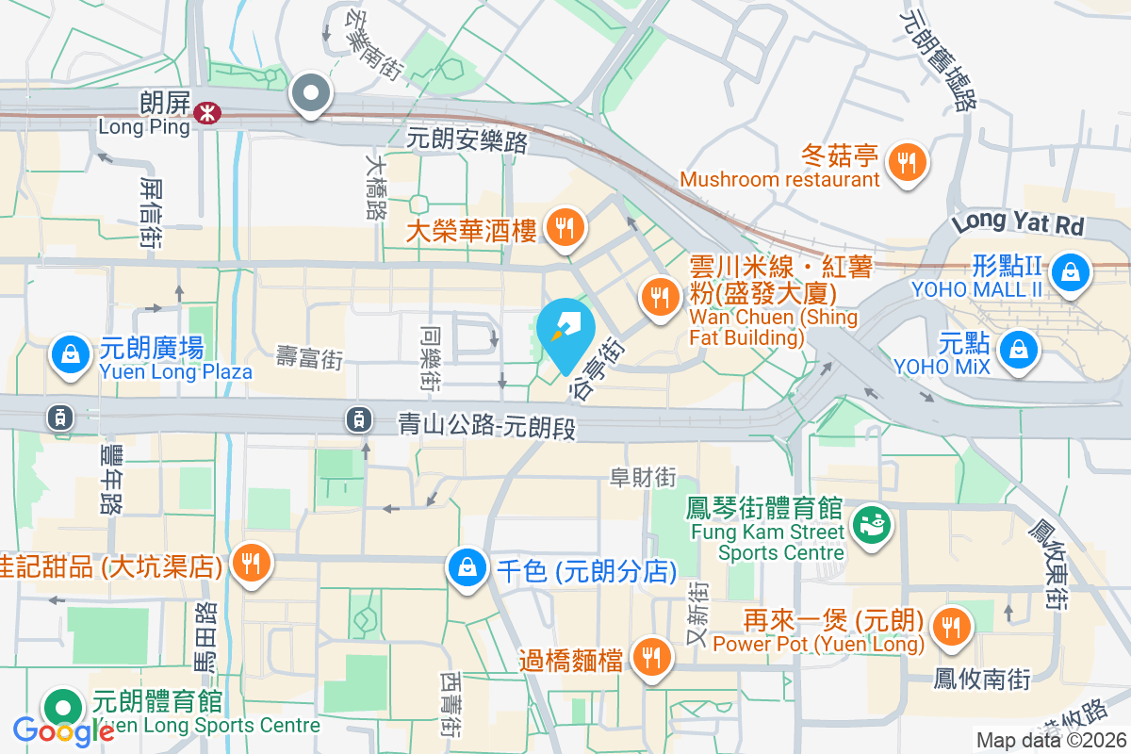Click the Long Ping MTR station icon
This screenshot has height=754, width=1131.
point(204,114)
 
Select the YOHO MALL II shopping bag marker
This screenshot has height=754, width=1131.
point(1071,272)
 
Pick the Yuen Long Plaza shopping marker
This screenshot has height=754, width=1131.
point(71,354)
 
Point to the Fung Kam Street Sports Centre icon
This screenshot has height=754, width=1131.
point(868,522)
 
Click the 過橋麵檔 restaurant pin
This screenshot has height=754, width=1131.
point(650,656)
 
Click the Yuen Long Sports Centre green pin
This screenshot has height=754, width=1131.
point(63,706)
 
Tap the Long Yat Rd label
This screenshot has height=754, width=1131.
point(1018,224)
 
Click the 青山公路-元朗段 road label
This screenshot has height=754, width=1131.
point(486,426)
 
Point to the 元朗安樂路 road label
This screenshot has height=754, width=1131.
point(467,141)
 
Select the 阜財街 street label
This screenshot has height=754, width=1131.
point(644,479)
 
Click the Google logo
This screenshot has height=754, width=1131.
point(64,730)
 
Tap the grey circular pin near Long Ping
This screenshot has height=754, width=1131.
point(311,93)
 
